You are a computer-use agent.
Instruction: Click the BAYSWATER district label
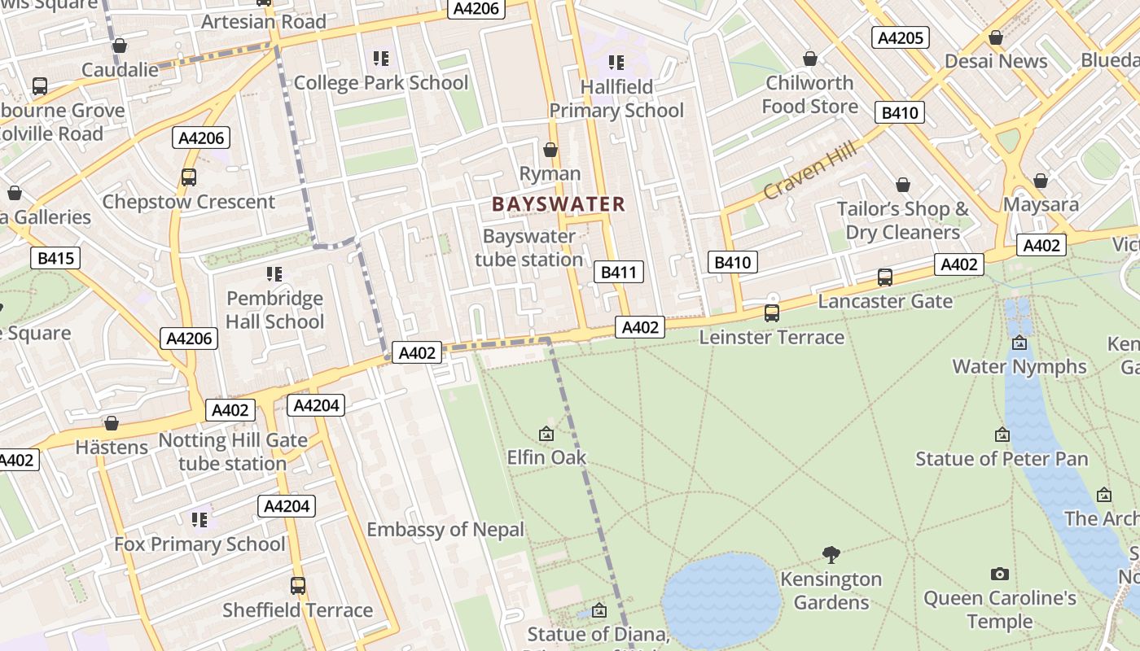pyautogui.click(x=559, y=204)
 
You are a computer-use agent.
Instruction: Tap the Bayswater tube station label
pyautogui.click(x=529, y=248)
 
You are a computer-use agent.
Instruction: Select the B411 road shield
pyautogui.click(x=618, y=272)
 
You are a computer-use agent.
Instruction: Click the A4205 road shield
pyautogui.click(x=900, y=37)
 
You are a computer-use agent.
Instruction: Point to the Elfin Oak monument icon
pyautogui.click(x=546, y=435)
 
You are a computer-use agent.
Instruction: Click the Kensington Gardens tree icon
pyautogui.click(x=831, y=555)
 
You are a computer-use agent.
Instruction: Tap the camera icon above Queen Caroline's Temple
pyautogui.click(x=1000, y=575)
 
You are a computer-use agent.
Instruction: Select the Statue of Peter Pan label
pyautogui.click(x=1002, y=459)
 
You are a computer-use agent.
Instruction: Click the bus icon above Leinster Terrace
pyautogui.click(x=771, y=312)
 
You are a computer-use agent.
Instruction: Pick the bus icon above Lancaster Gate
pyautogui.click(x=885, y=277)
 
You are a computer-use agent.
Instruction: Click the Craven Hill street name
pyautogui.click(x=810, y=170)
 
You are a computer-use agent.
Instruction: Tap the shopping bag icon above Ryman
pyautogui.click(x=550, y=150)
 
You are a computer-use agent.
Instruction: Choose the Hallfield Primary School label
pyautogui.click(x=616, y=98)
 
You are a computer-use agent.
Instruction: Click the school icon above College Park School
pyautogui.click(x=380, y=59)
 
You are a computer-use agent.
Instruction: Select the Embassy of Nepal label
pyautogui.click(x=445, y=530)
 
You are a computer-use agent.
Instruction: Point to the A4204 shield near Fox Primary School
pyautogui.click(x=287, y=506)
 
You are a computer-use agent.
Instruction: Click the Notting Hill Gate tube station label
pyautogui.click(x=233, y=452)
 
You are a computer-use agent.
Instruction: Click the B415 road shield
pyautogui.click(x=55, y=259)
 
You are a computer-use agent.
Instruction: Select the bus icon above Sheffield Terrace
pyautogui.click(x=298, y=585)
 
